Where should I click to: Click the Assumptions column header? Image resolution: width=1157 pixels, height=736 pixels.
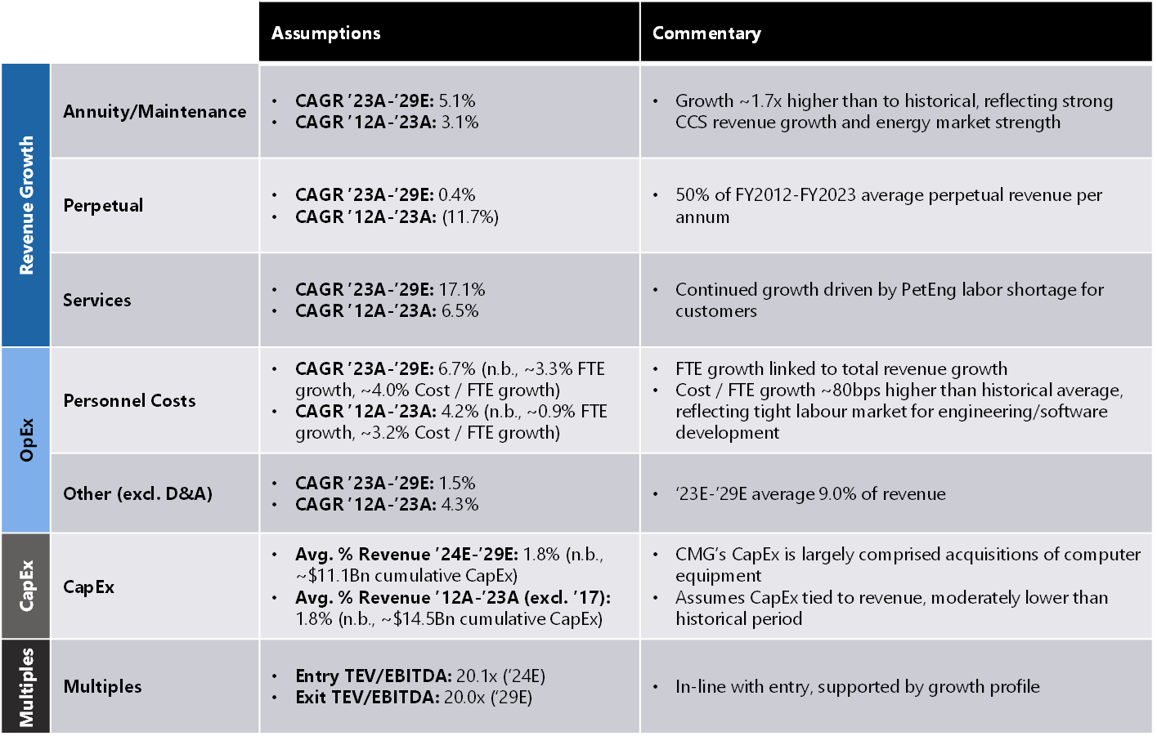click(325, 33)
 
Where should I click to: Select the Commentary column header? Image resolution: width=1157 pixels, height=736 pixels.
click(706, 33)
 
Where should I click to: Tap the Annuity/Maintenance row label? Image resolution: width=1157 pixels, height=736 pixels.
click(155, 111)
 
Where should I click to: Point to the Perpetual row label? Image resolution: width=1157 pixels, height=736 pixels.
click(103, 205)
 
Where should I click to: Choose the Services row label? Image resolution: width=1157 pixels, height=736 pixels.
click(96, 300)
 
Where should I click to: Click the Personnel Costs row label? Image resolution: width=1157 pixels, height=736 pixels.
click(129, 400)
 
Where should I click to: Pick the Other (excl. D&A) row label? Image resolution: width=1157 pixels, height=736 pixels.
click(137, 493)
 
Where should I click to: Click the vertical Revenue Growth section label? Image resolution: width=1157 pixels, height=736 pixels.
click(26, 205)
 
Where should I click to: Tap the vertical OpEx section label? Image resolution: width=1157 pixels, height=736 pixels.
click(26, 440)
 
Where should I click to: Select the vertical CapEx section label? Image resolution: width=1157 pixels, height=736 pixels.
click(26, 586)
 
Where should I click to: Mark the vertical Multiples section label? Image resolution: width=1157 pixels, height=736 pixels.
click(26, 686)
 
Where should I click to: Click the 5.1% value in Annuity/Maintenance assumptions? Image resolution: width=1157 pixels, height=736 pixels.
click(457, 100)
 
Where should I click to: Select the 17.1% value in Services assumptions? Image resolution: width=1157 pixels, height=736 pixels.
click(462, 289)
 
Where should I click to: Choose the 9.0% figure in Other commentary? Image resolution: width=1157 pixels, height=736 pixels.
click(836, 493)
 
